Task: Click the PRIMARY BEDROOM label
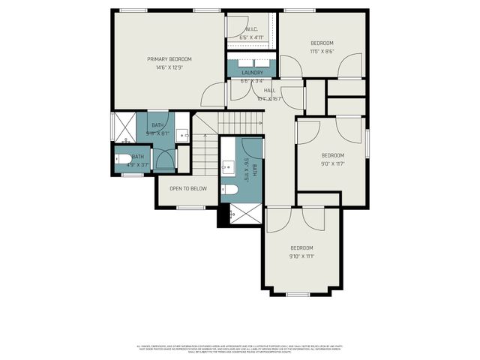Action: [x=169, y=59]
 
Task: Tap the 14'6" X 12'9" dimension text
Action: [x=169, y=67]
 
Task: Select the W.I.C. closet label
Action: [x=251, y=29]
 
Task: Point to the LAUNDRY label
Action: [x=251, y=73]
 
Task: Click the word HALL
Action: [x=268, y=91]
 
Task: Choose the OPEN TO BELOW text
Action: [x=187, y=188]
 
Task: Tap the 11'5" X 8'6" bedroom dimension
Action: [x=322, y=52]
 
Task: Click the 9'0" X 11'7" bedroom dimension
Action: [x=332, y=164]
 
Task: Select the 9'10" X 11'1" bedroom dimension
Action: [x=301, y=256]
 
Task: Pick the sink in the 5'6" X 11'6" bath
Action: [x=228, y=166]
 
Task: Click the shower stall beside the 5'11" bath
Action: [x=125, y=127]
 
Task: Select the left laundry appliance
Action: [x=239, y=63]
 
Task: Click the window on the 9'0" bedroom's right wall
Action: [x=367, y=143]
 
